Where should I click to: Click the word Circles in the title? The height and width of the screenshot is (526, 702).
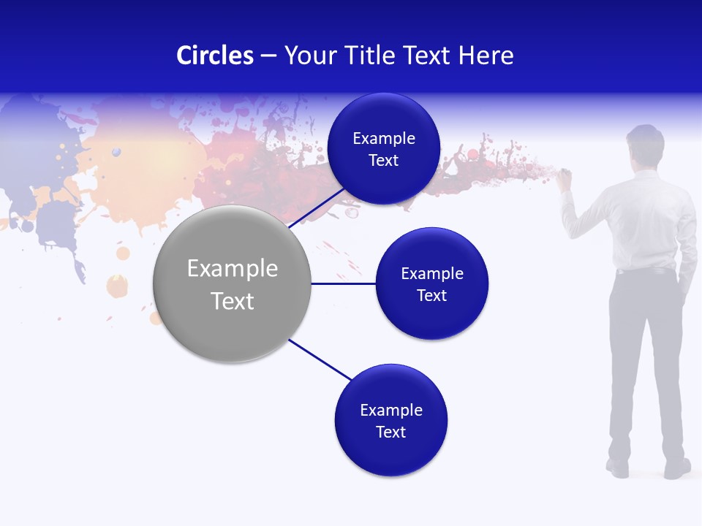(215, 56)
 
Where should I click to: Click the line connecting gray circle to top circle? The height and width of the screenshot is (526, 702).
(317, 207)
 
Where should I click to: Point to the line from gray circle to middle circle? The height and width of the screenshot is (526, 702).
(344, 283)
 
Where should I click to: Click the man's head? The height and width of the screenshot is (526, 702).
(644, 145)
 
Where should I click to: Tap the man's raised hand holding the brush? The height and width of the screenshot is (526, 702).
(565, 178)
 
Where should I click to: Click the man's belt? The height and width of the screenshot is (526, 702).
(643, 271)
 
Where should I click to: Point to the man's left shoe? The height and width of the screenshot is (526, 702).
(617, 468)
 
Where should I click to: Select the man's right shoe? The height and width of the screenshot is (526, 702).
(677, 468)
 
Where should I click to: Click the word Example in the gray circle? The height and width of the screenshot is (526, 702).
(233, 269)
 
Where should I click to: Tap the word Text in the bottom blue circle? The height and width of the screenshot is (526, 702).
(390, 432)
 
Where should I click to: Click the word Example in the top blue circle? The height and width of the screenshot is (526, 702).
(383, 139)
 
